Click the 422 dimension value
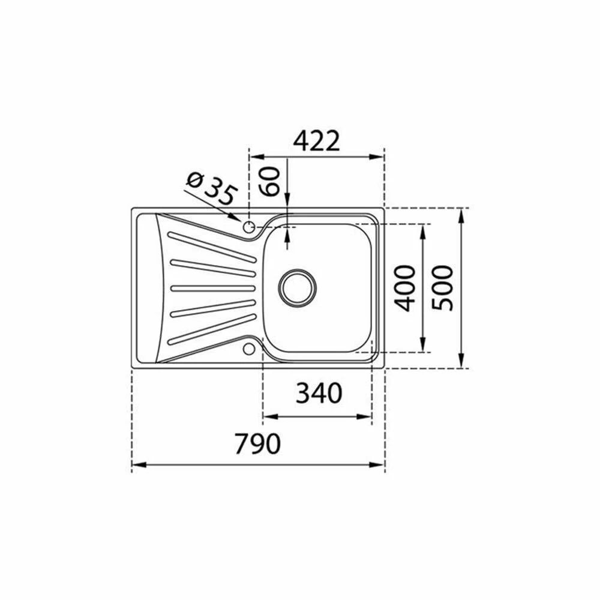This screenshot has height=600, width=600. pos(316,141)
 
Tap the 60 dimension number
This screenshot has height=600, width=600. pos(271,181)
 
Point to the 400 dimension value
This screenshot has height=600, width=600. pos(407,288)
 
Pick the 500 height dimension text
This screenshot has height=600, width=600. pos(445,288)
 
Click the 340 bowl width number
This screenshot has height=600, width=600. pos(319,394)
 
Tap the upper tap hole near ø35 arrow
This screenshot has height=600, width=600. pos(249,227)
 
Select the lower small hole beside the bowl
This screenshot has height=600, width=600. pos(249,349)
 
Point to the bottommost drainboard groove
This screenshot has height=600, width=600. pos(212,329)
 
